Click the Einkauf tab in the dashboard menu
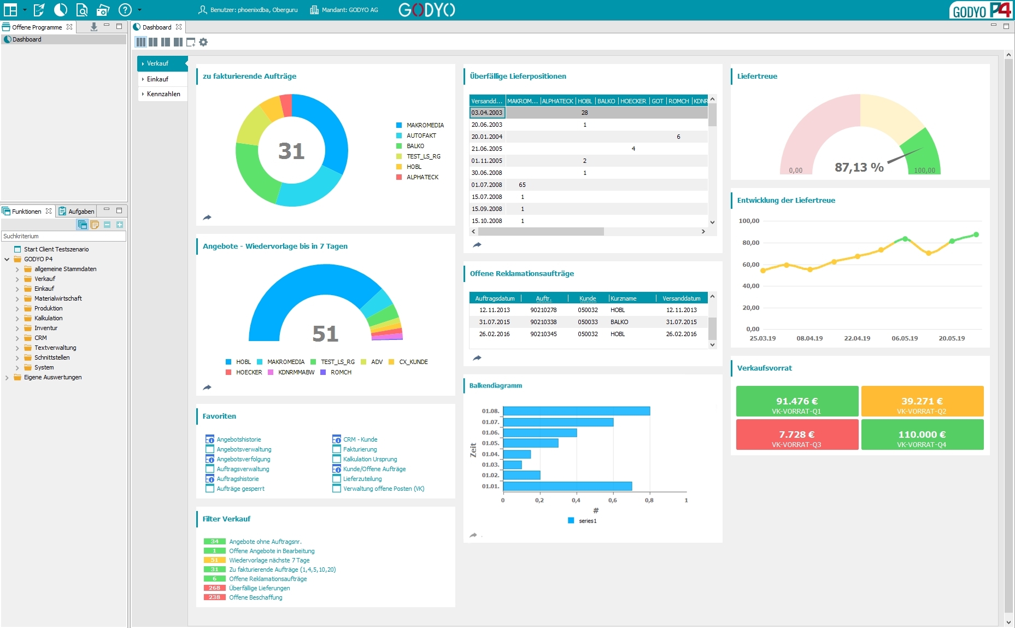(x=157, y=79)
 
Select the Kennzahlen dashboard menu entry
(x=163, y=94)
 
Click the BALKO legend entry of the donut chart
(x=415, y=146)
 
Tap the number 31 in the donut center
(x=291, y=151)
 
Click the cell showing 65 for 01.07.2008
(x=522, y=185)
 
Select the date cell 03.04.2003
(x=487, y=113)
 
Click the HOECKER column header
(x=633, y=101)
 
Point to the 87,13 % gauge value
(x=859, y=167)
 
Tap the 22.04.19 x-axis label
(x=856, y=338)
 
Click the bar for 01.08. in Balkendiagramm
(x=576, y=411)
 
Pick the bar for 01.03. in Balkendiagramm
(x=512, y=465)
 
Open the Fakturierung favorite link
(x=360, y=449)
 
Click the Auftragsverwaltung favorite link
(x=243, y=469)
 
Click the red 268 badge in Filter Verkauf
(x=214, y=588)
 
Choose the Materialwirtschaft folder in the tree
(x=58, y=298)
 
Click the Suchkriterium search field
(x=63, y=236)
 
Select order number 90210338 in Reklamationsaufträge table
(x=543, y=322)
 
